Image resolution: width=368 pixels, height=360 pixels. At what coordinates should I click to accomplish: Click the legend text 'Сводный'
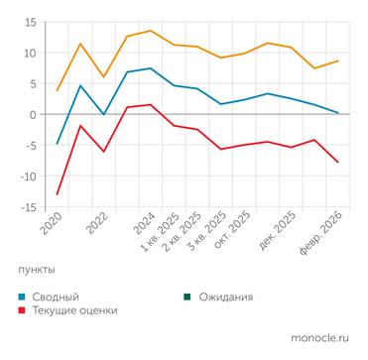coord(56,297)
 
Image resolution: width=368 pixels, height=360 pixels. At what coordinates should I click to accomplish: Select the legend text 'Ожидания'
coord(225,297)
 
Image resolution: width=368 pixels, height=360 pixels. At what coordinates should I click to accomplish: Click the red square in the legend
coord(23,310)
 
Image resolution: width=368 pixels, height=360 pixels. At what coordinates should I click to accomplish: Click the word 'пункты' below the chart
coord(37,269)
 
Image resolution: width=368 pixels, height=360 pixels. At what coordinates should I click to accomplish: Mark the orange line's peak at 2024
coord(150,31)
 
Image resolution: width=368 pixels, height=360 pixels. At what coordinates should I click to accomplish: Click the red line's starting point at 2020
coord(58,193)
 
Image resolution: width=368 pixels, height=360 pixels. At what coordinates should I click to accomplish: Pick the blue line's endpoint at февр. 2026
coord(338,113)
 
